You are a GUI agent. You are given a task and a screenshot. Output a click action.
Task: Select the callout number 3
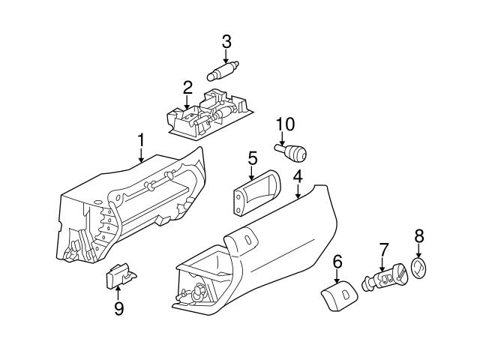pos(226,40)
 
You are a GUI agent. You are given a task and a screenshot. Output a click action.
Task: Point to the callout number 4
pos(298,177)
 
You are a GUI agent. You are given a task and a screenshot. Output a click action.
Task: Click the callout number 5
pos(252,158)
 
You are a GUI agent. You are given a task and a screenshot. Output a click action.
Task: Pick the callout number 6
pos(337,260)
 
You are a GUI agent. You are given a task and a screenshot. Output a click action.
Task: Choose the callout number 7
pos(383,247)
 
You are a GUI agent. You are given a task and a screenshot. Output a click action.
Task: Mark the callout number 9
pos(118,308)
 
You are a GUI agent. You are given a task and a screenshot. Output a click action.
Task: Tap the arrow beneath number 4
pos(298,192)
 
